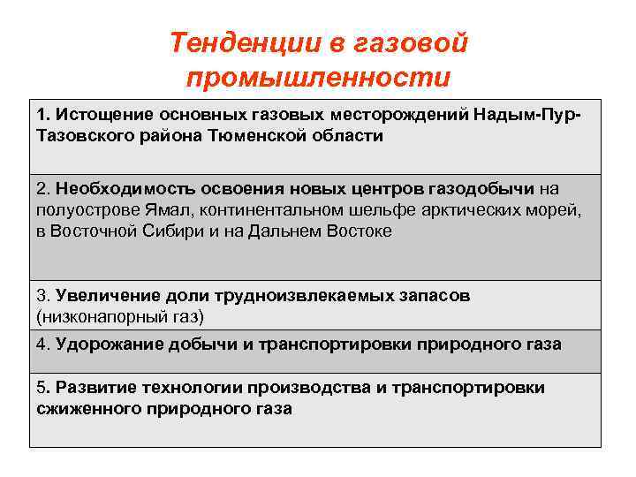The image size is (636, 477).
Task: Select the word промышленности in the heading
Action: [318, 77]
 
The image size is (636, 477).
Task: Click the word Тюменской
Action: [261, 136]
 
